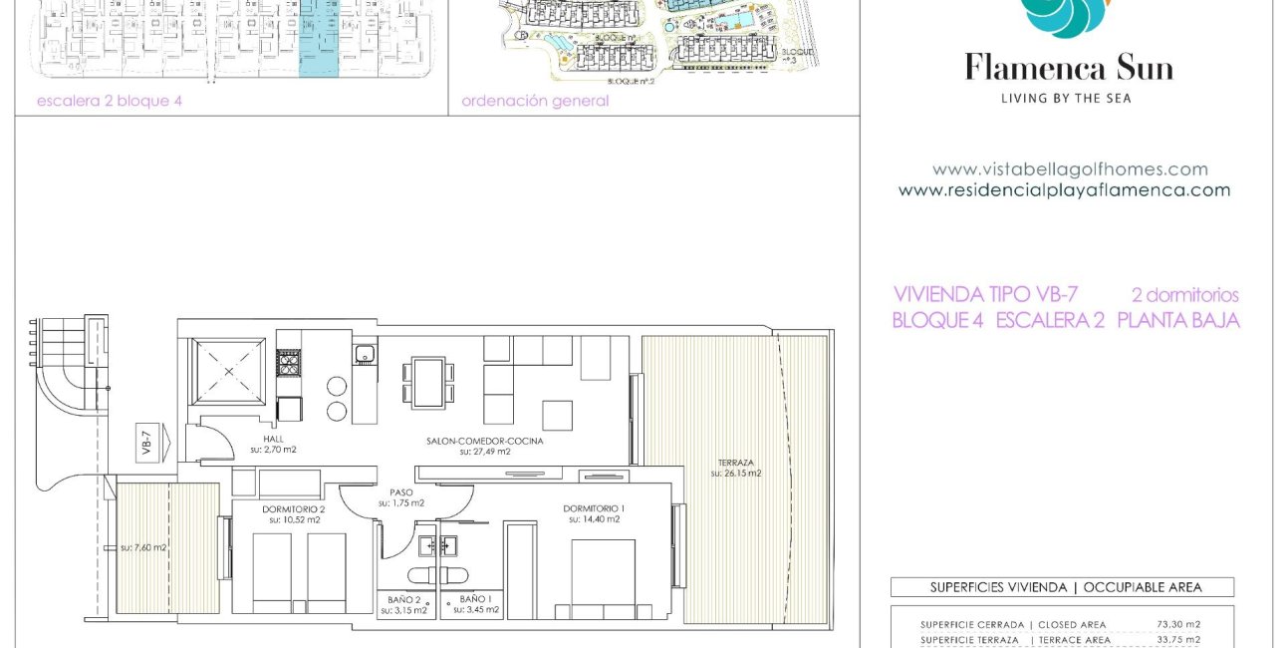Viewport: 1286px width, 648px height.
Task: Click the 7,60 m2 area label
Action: click(x=143, y=547)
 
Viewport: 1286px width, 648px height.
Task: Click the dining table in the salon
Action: click(x=428, y=382)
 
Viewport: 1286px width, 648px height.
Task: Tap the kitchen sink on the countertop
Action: click(x=363, y=352)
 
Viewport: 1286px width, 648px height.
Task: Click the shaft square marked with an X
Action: click(x=230, y=371)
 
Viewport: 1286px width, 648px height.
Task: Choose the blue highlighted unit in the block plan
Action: click(x=320, y=36)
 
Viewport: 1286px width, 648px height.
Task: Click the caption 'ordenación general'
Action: click(x=535, y=101)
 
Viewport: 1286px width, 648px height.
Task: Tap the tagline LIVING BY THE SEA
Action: click(x=1066, y=98)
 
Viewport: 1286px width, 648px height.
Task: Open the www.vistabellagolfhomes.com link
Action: click(x=1070, y=169)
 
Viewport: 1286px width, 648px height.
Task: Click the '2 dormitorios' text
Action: click(x=1184, y=295)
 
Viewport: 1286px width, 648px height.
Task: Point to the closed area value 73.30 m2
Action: click(x=1177, y=624)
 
